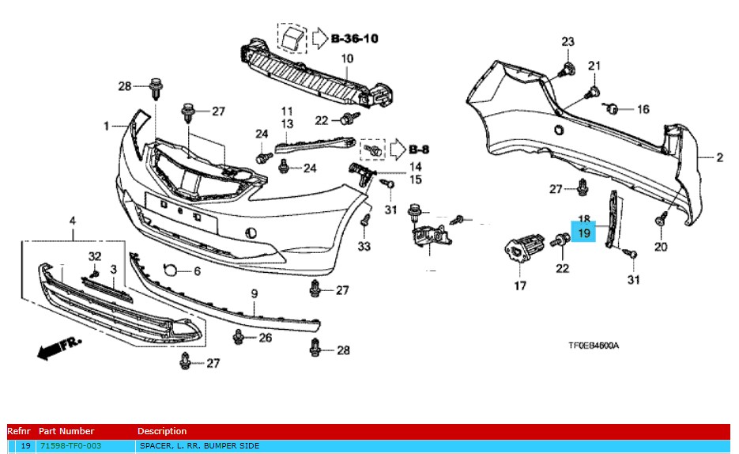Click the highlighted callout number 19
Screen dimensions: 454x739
[x=583, y=233]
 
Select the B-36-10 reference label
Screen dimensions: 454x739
[x=355, y=37]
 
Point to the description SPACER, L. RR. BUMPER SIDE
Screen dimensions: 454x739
[x=198, y=446]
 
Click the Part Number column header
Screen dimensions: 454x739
[x=66, y=431]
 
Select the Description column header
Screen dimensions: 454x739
[x=162, y=431]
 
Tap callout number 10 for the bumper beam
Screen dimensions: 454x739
[x=347, y=59]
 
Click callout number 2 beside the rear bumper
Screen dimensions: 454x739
[x=719, y=157]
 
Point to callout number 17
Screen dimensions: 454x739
[x=520, y=286]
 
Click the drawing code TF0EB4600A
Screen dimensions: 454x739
[x=593, y=346]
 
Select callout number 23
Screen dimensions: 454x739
[x=568, y=41]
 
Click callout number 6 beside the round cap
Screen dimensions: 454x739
[x=197, y=271]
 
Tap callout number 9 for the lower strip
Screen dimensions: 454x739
[x=255, y=294]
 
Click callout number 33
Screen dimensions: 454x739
[x=364, y=247]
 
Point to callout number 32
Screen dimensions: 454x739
[x=95, y=255]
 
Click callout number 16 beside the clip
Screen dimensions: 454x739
[x=643, y=109]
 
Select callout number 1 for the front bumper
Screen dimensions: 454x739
[x=106, y=126]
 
